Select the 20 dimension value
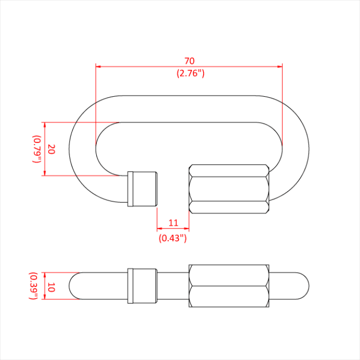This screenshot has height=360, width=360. [51, 149]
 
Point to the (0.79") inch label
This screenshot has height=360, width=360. [37, 149]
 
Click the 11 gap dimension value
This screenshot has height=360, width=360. [173, 223]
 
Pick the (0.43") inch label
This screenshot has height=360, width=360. [173, 238]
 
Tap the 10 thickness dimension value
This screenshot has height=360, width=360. [50, 287]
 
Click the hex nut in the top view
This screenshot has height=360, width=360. [229, 189]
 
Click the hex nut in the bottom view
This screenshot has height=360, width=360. [229, 286]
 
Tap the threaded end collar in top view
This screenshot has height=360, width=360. [142, 188]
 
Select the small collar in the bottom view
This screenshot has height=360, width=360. [142, 286]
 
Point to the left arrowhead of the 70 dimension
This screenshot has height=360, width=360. [99, 66]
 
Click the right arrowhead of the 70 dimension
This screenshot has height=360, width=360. [280, 66]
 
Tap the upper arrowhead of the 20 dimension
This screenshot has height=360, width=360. [45, 125]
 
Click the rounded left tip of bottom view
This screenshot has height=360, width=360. [74, 286]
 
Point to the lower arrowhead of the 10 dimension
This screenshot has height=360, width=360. [45, 297]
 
